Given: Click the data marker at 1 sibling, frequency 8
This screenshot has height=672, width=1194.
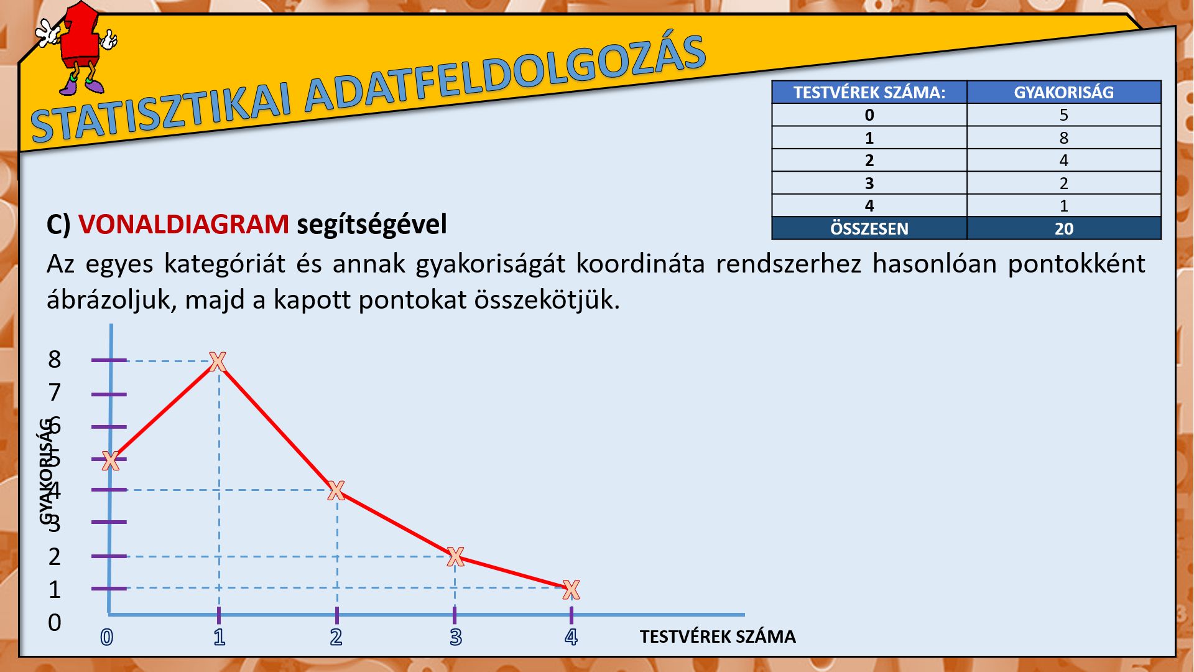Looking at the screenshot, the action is [x=217, y=361].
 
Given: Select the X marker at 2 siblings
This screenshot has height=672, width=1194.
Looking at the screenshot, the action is [x=336, y=490].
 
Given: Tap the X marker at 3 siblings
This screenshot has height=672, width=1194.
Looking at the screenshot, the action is [x=455, y=556].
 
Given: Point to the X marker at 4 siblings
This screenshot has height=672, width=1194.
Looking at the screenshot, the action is [x=571, y=589].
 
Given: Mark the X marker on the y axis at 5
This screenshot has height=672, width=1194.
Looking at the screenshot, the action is [x=110, y=461].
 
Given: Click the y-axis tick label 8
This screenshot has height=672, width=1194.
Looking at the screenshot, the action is [x=55, y=360].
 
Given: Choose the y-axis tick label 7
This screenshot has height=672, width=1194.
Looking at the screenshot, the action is [x=55, y=393].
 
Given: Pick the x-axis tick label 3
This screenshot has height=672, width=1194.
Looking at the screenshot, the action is [x=456, y=637].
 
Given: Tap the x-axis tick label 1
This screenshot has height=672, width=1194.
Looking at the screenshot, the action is [x=219, y=637].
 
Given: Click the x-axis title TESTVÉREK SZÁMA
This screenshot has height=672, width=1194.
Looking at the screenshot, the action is [x=718, y=637].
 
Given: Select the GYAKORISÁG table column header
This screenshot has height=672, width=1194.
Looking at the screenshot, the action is [x=1064, y=92].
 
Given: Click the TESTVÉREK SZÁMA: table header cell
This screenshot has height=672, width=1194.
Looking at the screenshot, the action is [x=869, y=92].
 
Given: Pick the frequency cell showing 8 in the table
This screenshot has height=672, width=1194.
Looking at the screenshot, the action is [x=1064, y=138].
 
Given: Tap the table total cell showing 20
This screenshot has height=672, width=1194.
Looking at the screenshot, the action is [x=1064, y=228].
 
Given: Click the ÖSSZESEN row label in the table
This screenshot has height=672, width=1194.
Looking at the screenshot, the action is [x=869, y=228].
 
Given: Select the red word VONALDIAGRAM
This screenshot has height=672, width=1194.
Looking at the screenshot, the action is [x=183, y=224].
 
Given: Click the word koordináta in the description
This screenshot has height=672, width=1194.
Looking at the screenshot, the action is [x=641, y=264].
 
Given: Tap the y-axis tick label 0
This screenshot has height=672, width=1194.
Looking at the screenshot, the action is [x=55, y=622].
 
